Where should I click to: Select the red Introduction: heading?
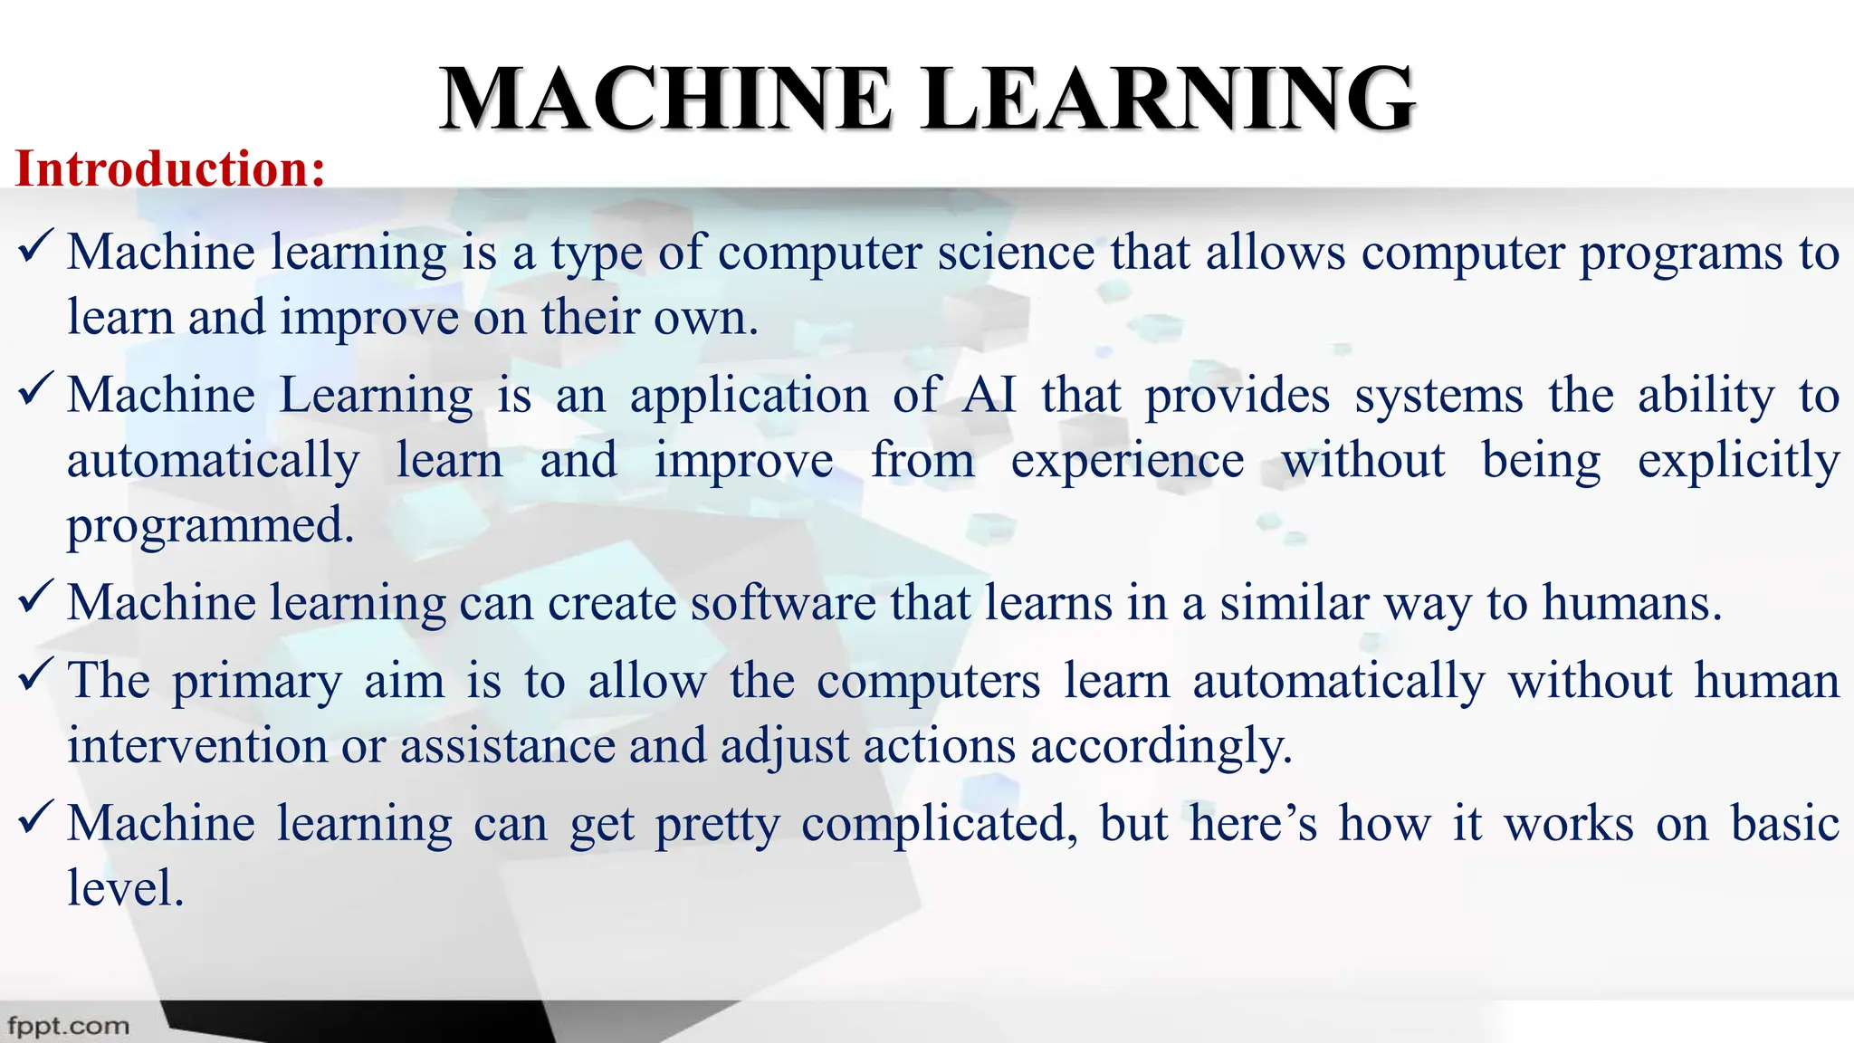pyautogui.click(x=170, y=169)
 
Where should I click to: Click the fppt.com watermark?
pyautogui.click(x=68, y=1026)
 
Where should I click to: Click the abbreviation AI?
pyautogui.click(x=989, y=395)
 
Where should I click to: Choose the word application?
pyautogui.click(x=749, y=397)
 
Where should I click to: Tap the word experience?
pyautogui.click(x=1127, y=462)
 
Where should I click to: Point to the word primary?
pyautogui.click(x=257, y=682)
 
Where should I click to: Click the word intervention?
pyautogui.click(x=197, y=746)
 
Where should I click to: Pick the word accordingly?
pyautogui.click(x=1161, y=748)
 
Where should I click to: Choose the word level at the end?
pyautogui.click(x=125, y=888)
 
